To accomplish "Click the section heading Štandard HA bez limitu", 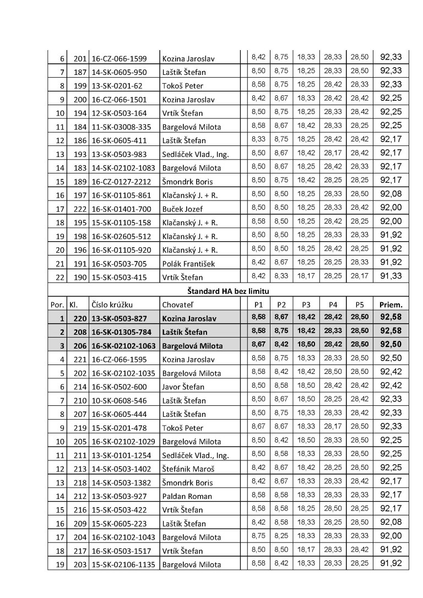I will [x=229, y=290].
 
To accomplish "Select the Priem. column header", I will [x=391, y=304].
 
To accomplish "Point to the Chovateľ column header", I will [x=178, y=305].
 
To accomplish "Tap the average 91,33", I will [x=391, y=277].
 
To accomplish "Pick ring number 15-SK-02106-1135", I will [x=124, y=564].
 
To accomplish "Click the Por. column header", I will [x=57, y=305].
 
